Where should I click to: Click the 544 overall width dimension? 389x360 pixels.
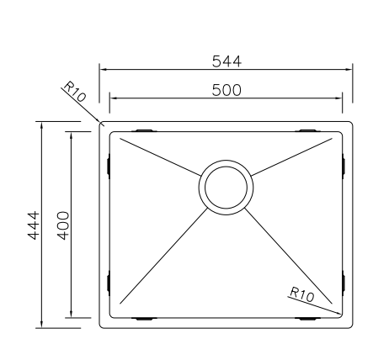(226, 61)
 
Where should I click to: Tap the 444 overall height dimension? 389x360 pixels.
(34, 225)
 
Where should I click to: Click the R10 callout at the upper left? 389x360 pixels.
(74, 92)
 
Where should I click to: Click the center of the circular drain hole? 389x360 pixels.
(225, 187)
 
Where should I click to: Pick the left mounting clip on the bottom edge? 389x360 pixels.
(144, 319)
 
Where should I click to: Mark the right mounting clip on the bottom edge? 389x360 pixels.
(306, 319)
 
